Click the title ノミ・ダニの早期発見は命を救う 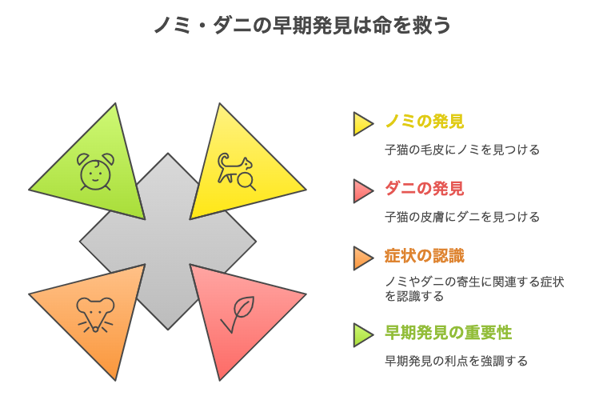[x=302, y=26]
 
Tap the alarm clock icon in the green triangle [x=95, y=172]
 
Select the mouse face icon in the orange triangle [x=95, y=314]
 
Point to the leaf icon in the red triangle [x=238, y=314]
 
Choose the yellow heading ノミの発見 [x=425, y=122]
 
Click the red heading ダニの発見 [x=425, y=189]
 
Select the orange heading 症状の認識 [x=425, y=256]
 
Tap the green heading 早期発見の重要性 [x=449, y=333]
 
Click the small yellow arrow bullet [x=362, y=124]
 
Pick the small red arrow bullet [x=362, y=191]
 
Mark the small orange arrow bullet [x=362, y=258]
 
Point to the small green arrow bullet [x=362, y=335]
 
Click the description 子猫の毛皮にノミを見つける [x=462, y=150]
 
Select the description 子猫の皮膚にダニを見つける [x=462, y=217]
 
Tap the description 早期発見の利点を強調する [x=456, y=361]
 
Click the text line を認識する [x=414, y=296]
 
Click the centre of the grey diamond [x=168, y=242]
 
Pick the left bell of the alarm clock [x=83, y=158]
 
